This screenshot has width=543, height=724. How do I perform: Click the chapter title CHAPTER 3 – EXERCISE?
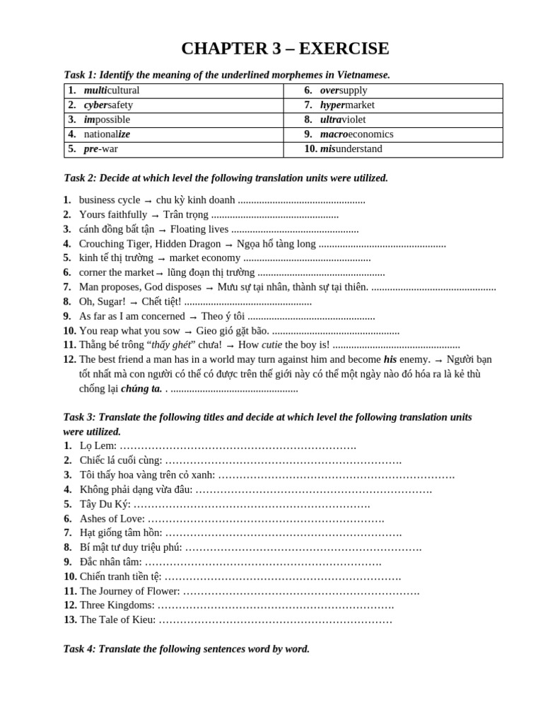pyautogui.click(x=285, y=48)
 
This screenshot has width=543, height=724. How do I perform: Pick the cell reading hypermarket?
pyautogui.click(x=347, y=105)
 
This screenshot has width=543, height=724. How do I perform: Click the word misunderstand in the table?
pyautogui.click(x=351, y=149)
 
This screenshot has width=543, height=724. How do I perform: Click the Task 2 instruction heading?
pyautogui.click(x=226, y=178)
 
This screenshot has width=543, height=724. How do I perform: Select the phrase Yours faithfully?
pyautogui.click(x=113, y=215)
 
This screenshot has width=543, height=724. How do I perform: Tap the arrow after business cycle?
pyautogui.click(x=148, y=201)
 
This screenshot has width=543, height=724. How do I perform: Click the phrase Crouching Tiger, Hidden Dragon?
pyautogui.click(x=150, y=244)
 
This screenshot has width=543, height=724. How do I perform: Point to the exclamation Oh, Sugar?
pyautogui.click(x=103, y=302)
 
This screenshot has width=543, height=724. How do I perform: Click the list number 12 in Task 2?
pyautogui.click(x=69, y=360)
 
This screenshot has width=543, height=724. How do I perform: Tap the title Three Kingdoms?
pyautogui.click(x=117, y=605)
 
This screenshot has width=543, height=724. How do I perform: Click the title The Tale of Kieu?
pyautogui.click(x=117, y=620)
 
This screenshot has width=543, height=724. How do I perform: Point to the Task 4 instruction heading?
pyautogui.click(x=186, y=649)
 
